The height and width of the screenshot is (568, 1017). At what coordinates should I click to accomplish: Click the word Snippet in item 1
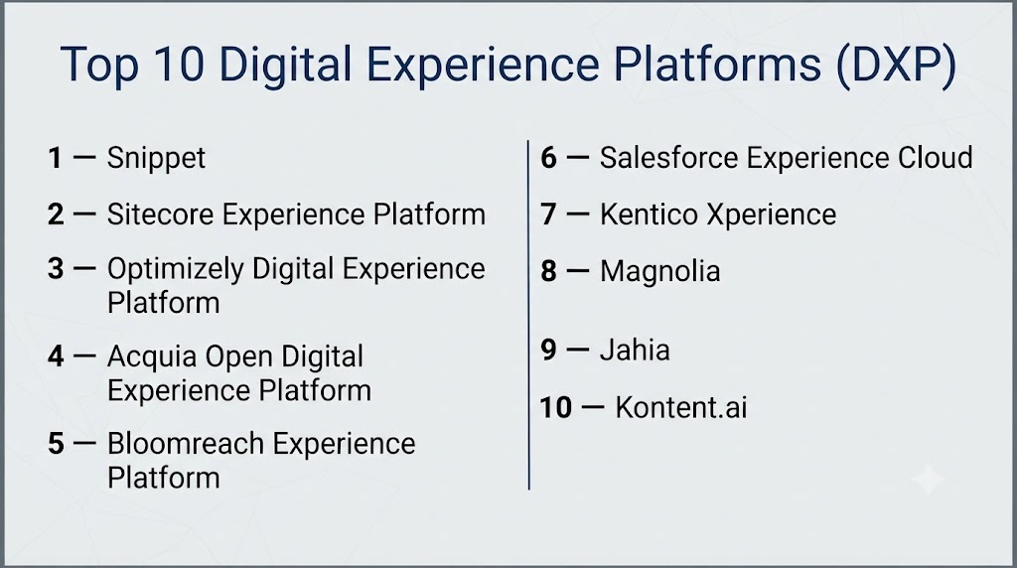coord(156,159)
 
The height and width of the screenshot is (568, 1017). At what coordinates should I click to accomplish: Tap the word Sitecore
coord(160,214)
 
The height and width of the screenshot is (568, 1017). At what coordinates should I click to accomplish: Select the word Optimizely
coord(175,269)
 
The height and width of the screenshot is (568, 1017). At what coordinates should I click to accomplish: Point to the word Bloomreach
coord(185,444)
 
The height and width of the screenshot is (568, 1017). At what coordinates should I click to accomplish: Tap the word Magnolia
coord(660,272)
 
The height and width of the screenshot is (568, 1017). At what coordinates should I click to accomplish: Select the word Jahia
coord(635,351)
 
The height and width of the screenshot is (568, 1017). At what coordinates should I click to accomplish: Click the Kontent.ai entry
coord(681,408)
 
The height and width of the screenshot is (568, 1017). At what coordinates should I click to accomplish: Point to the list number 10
coord(556,408)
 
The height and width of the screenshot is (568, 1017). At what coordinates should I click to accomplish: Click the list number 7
coord(548,214)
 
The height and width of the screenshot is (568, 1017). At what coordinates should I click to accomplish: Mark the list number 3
coord(56,269)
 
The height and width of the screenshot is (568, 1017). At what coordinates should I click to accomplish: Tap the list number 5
coord(56,444)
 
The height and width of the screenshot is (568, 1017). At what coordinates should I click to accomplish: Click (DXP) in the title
coord(896,65)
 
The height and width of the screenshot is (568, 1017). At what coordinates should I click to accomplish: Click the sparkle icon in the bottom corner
coord(929,480)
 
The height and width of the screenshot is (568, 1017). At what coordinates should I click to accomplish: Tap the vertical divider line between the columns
coord(528,315)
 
